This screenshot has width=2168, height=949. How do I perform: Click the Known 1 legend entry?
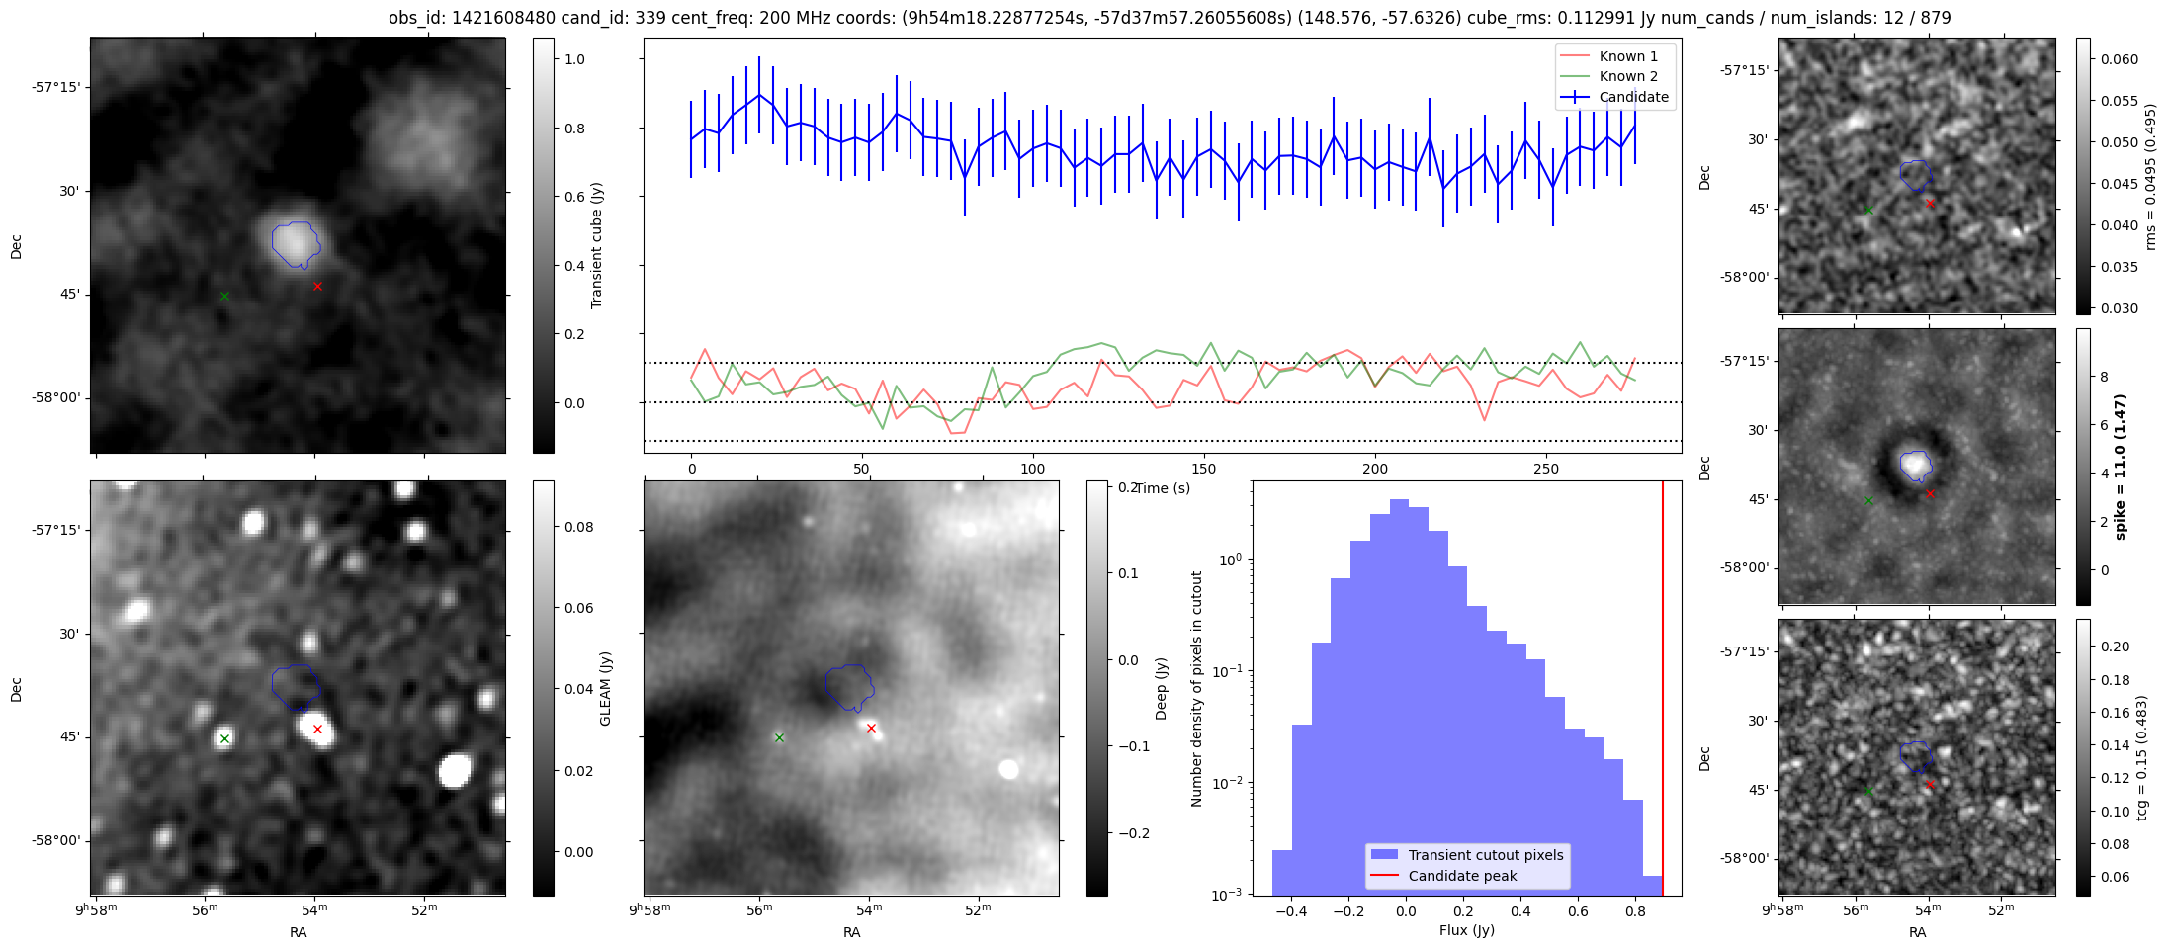point(1627,56)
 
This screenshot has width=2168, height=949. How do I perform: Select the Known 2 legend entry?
point(1627,76)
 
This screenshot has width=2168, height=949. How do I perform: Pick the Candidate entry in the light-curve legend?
point(1633,97)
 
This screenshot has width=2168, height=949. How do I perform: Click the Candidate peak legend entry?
point(1462,876)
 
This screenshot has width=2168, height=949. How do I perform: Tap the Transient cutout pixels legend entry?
point(1485,855)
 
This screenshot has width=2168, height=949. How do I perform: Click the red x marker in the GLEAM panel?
point(317,730)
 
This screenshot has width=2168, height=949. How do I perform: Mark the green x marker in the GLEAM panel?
point(224,738)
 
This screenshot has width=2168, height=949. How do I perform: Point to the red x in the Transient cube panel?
point(317,287)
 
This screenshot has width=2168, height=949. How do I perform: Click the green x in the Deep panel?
point(779,737)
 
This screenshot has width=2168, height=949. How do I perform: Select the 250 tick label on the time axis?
point(1545,469)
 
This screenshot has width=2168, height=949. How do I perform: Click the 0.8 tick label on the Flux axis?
point(1635,911)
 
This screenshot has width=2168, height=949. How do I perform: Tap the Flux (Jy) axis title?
point(1466,930)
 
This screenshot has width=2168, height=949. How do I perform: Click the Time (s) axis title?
point(1163,488)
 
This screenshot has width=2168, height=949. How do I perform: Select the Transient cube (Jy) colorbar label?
point(596,245)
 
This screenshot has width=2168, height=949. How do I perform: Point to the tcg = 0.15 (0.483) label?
point(2141,757)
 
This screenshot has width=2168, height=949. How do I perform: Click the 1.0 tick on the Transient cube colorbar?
point(574,59)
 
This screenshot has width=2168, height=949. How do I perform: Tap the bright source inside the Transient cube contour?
point(291,240)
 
